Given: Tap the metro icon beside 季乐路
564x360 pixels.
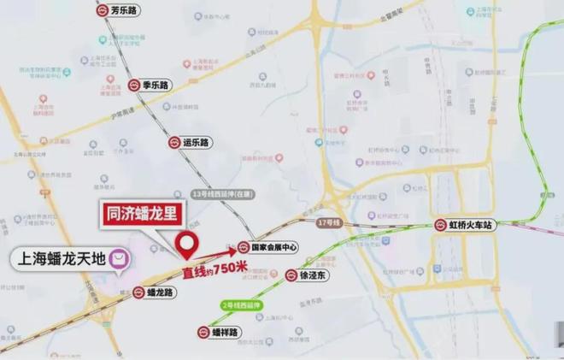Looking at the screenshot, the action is click(135, 85).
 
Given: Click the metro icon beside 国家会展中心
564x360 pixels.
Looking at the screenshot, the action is click(243, 248).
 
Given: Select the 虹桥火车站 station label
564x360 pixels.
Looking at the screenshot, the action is click(472, 226).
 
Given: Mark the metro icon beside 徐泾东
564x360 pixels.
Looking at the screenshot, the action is click(291, 275).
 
